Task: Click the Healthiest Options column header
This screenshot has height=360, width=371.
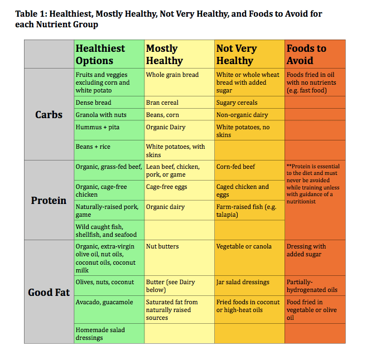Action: tap(100, 55)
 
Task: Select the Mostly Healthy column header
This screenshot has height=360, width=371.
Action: tap(164, 55)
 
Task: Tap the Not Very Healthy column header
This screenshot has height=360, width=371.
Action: tap(237, 55)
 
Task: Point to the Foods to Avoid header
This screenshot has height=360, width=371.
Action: tap(306, 55)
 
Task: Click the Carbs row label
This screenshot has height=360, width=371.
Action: tap(49, 115)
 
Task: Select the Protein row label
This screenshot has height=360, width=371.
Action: tap(49, 200)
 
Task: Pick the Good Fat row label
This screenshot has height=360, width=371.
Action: tap(49, 292)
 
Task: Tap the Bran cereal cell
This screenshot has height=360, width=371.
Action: tap(162, 103)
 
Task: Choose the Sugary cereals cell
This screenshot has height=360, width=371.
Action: tap(237, 103)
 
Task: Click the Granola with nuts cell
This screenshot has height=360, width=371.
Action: tap(101, 115)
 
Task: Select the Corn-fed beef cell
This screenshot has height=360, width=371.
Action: tap(236, 167)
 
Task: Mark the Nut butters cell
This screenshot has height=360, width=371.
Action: tap(162, 246)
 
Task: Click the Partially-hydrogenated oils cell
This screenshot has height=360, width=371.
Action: tap(312, 286)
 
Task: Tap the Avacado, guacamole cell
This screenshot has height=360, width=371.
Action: tap(104, 302)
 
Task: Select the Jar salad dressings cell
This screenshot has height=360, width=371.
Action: tap(243, 282)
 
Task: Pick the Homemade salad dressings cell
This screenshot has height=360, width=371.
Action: tap(100, 334)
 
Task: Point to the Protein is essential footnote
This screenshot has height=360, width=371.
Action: tap(313, 184)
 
